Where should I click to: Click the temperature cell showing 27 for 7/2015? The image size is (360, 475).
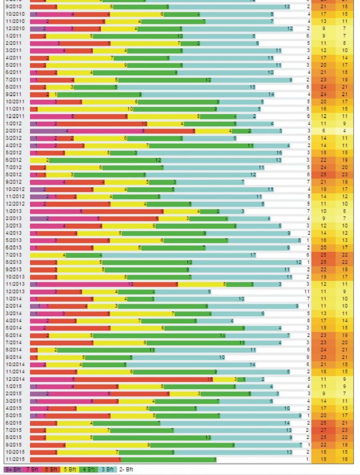click(x=323, y=430)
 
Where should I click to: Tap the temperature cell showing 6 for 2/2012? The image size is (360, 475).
click(x=323, y=131)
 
